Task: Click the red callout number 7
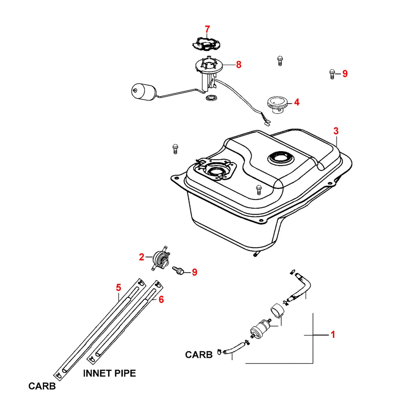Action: pyautogui.click(x=207, y=29)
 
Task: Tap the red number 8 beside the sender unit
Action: pyautogui.click(x=239, y=65)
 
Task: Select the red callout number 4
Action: pyautogui.click(x=296, y=102)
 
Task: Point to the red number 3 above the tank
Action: pyautogui.click(x=336, y=131)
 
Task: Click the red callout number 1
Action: pyautogui.click(x=333, y=335)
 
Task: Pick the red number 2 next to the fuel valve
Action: pyautogui.click(x=141, y=257)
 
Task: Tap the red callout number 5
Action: pyautogui.click(x=118, y=287)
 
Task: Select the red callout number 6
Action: pyautogui.click(x=161, y=300)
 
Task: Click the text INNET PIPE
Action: pyautogui.click(x=109, y=374)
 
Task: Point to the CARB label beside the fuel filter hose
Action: pyautogui.click(x=199, y=354)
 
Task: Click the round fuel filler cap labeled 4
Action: pyautogui.click(x=277, y=103)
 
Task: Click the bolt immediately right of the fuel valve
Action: pyautogui.click(x=180, y=270)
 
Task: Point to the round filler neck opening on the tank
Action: pyautogui.click(x=280, y=158)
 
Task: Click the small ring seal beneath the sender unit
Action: pyautogui.click(x=212, y=98)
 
